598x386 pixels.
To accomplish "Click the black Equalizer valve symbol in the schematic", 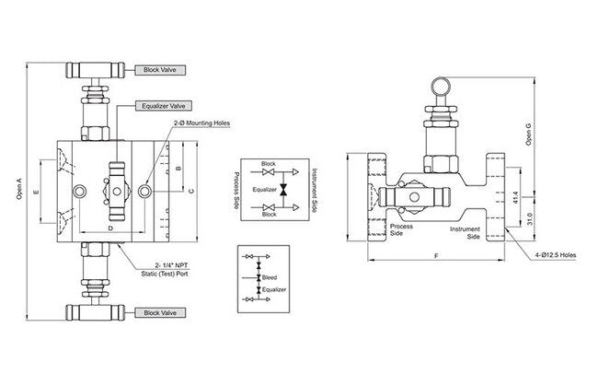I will [x=283, y=190].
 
